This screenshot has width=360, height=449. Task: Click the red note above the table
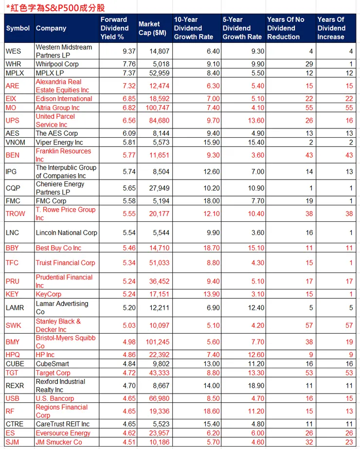coord(55,8)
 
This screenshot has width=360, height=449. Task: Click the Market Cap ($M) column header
coord(152,28)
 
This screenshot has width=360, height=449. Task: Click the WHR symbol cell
coord(13,64)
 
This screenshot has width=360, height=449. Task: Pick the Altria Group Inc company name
coord(57,108)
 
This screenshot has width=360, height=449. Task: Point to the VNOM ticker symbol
coord(15,143)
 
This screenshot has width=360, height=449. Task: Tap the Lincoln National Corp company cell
coord(67,233)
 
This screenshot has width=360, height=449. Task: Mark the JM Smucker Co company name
coord(59,442)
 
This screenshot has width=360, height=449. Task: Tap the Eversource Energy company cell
coord(63,433)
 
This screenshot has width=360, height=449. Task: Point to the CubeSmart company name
coord(53,363)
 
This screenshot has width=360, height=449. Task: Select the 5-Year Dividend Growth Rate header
coord(242,28)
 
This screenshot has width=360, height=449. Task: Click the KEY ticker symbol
coord(12,294)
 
